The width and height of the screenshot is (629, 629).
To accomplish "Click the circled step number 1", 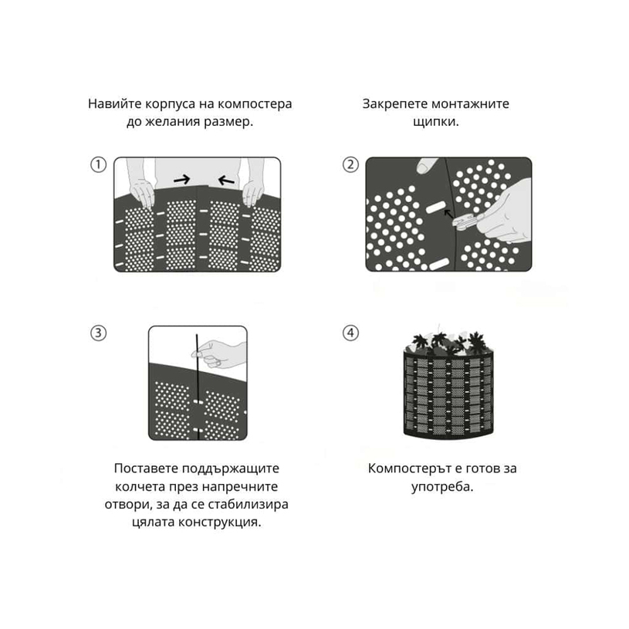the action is pyautogui.click(x=98, y=164).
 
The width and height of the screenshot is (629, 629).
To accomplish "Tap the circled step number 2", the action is pyautogui.click(x=350, y=164).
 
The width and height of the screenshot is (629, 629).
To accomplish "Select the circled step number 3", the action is pyautogui.click(x=98, y=333).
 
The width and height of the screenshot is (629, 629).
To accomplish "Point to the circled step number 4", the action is pyautogui.click(x=350, y=333).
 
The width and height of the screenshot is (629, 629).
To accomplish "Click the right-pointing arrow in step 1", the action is pyautogui.click(x=181, y=180).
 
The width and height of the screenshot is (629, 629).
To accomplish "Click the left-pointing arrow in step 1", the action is pyautogui.click(x=226, y=181).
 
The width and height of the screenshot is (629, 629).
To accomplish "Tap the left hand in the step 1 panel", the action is pyautogui.click(x=142, y=194).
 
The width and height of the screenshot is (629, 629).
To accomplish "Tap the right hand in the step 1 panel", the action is pyautogui.click(x=253, y=194).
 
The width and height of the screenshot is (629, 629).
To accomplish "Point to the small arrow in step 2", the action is pyautogui.click(x=448, y=214).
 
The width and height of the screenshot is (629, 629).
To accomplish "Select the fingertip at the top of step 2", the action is pyautogui.click(x=427, y=165).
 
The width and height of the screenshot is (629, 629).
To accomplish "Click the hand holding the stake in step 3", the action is pyautogui.click(x=218, y=353).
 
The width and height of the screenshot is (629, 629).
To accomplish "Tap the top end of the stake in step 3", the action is pyautogui.click(x=197, y=334).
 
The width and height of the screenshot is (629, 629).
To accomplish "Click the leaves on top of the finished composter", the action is pyautogui.click(x=448, y=342).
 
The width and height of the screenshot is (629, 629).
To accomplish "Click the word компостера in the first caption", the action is pyautogui.click(x=255, y=104).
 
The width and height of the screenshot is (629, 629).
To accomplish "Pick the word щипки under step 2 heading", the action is pyautogui.click(x=435, y=121).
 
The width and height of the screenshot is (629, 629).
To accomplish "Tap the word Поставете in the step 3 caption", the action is pyautogui.click(x=146, y=468).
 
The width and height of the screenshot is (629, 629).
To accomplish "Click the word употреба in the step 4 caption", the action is pyautogui.click(x=442, y=486).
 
